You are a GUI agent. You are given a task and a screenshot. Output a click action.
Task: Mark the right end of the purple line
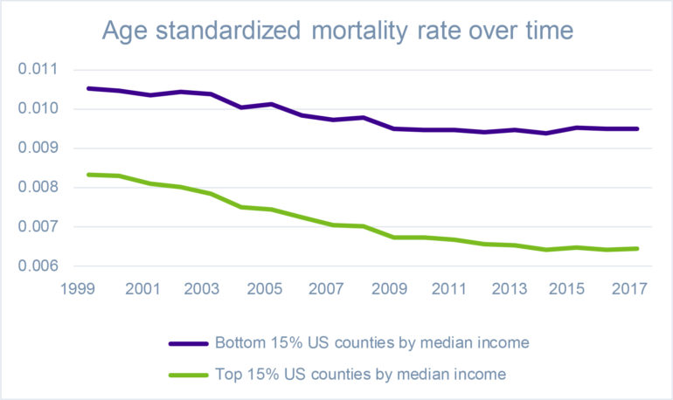pyautogui.click(x=638, y=128)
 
